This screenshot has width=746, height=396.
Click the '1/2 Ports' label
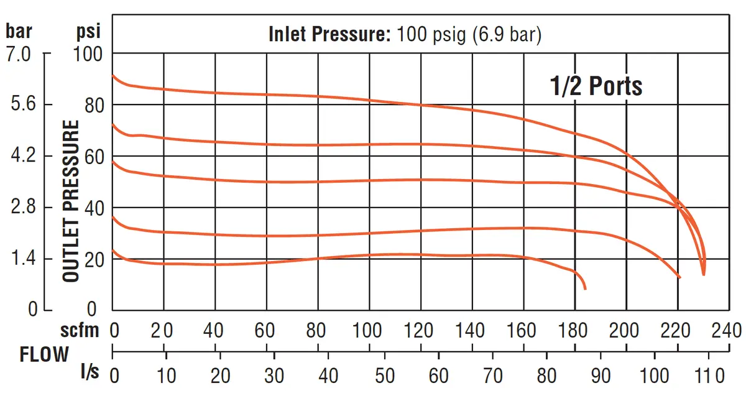[x=596, y=86]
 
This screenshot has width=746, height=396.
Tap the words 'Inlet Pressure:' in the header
[x=329, y=34]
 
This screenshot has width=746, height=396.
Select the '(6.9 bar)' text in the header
[x=507, y=35]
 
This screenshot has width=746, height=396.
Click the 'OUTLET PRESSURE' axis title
[x=71, y=201]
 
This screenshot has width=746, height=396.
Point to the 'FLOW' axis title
[x=44, y=354]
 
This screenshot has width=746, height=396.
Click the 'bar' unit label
[x=19, y=31]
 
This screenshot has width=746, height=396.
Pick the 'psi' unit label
[x=88, y=32]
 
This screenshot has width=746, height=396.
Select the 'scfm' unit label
[x=80, y=330]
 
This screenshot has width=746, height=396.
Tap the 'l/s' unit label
[x=90, y=371]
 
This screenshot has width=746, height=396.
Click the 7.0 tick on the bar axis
[x=18, y=54]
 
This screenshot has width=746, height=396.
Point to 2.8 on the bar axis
[x=23, y=206]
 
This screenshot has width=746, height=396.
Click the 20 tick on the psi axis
[x=94, y=260]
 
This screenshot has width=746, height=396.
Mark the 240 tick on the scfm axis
[x=727, y=330]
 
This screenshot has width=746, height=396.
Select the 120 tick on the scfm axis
[x=418, y=330]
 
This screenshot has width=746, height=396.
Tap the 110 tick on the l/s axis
[x=709, y=375]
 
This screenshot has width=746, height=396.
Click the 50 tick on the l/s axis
[x=385, y=375]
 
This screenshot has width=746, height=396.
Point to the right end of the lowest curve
[x=585, y=289]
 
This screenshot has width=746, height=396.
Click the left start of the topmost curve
[x=113, y=76]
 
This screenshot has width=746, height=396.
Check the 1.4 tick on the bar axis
[x=23, y=258]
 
